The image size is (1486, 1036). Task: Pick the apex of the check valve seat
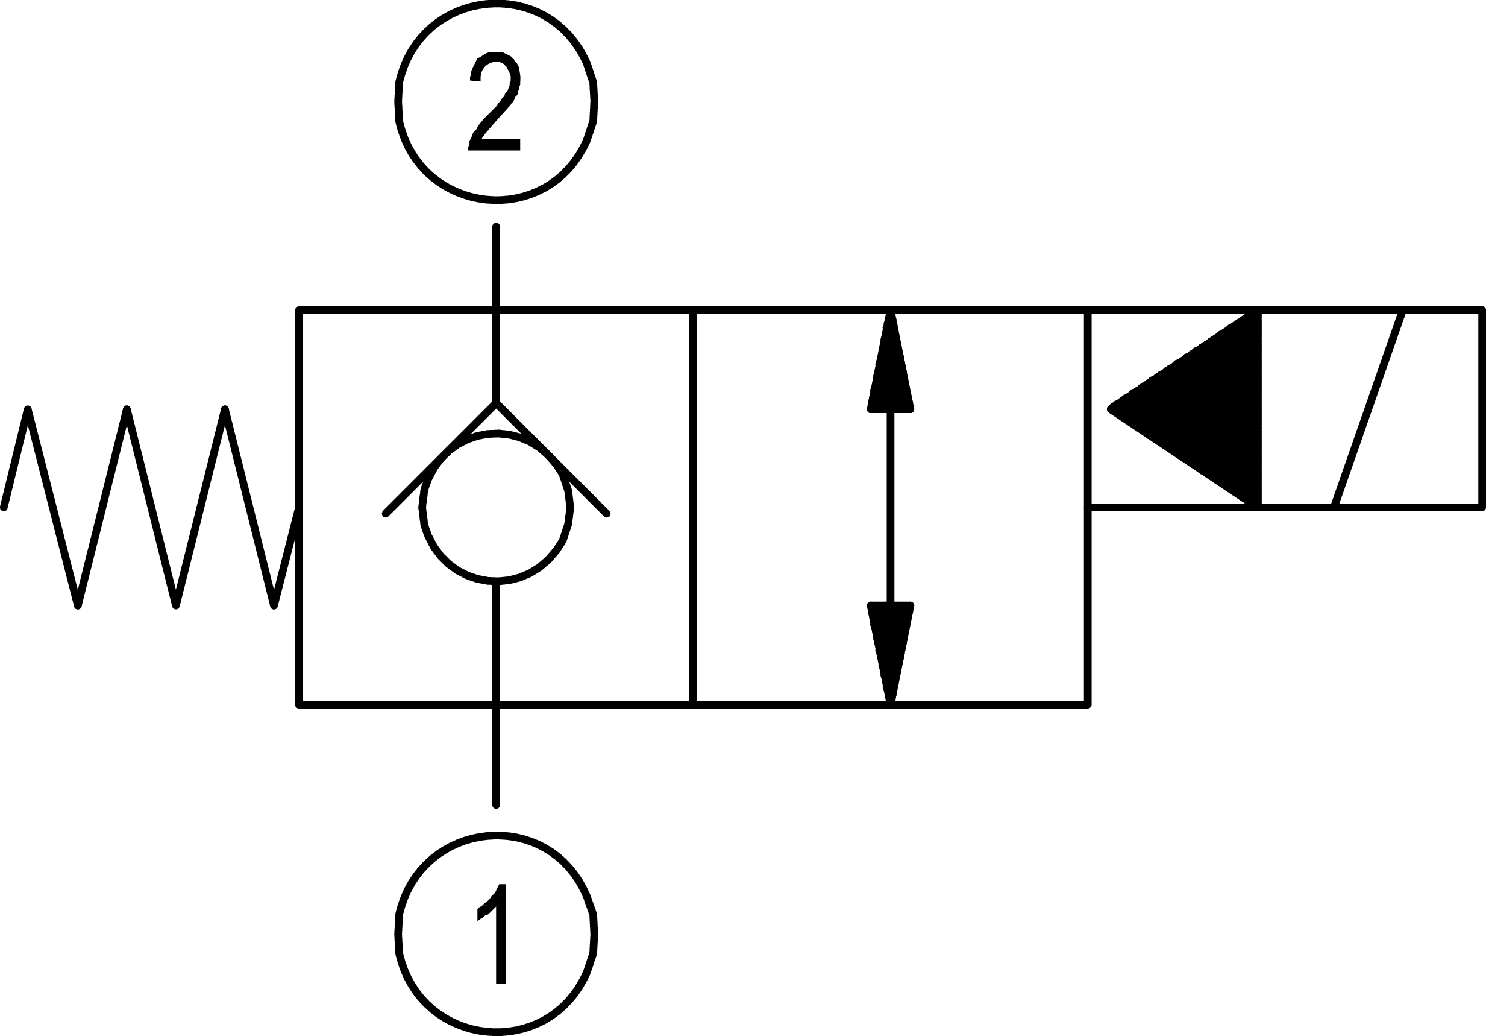(497, 403)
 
